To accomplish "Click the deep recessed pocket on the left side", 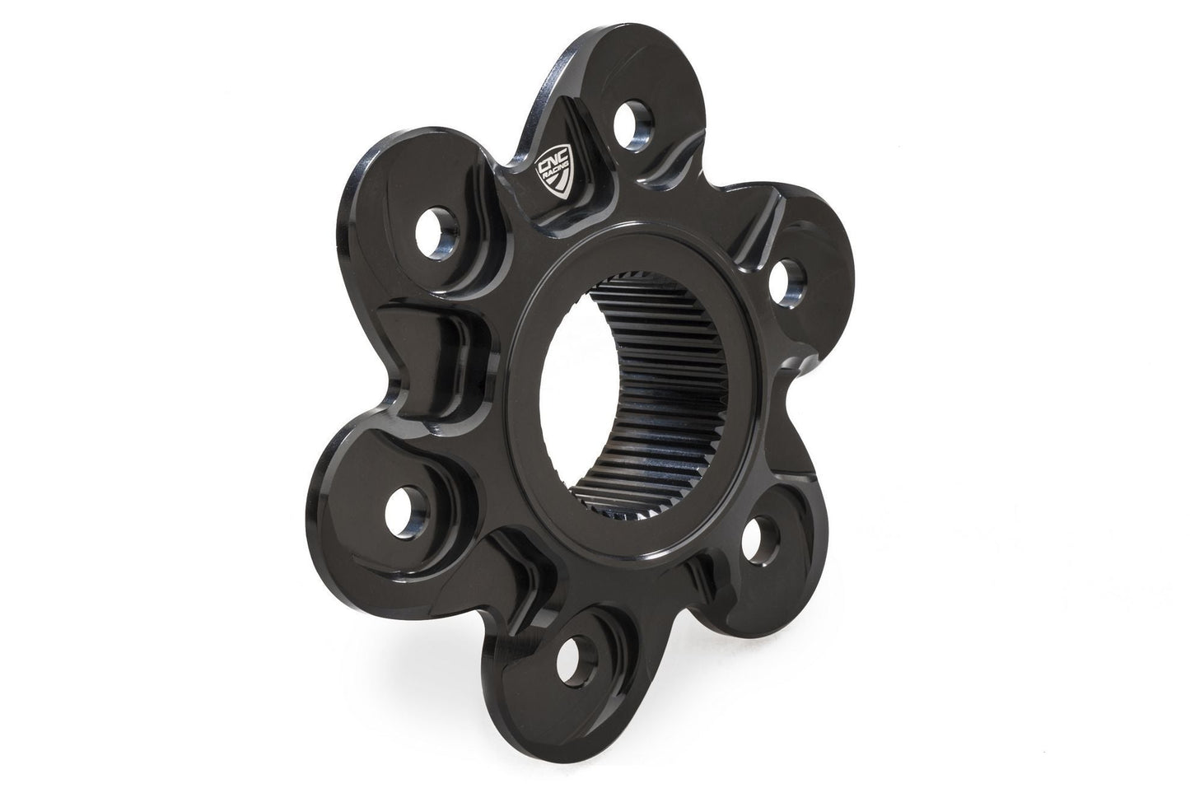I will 428,362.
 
